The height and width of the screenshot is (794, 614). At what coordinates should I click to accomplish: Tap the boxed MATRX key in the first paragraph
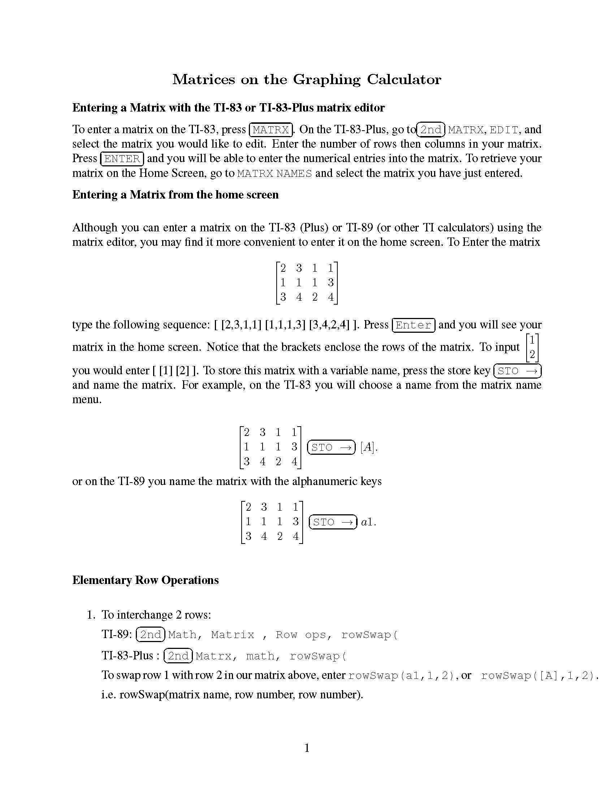[x=271, y=130]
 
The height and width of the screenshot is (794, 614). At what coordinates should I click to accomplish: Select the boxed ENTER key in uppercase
[x=122, y=159]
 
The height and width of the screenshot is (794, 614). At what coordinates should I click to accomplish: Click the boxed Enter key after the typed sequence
[x=413, y=325]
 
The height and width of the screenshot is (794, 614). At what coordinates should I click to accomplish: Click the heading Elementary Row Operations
[x=146, y=580]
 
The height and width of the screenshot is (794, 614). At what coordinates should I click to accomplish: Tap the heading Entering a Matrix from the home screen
[x=175, y=195]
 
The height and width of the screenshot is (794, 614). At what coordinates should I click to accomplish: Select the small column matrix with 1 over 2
[x=532, y=347]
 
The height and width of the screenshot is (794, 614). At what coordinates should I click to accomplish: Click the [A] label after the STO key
[x=368, y=447]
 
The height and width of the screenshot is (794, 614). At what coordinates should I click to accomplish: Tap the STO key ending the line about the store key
[x=517, y=371]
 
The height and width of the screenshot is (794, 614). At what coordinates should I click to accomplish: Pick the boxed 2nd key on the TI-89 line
[x=151, y=634]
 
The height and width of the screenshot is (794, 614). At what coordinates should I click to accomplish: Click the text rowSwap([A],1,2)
[x=539, y=676]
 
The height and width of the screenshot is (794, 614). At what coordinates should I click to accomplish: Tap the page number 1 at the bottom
[x=307, y=748]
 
